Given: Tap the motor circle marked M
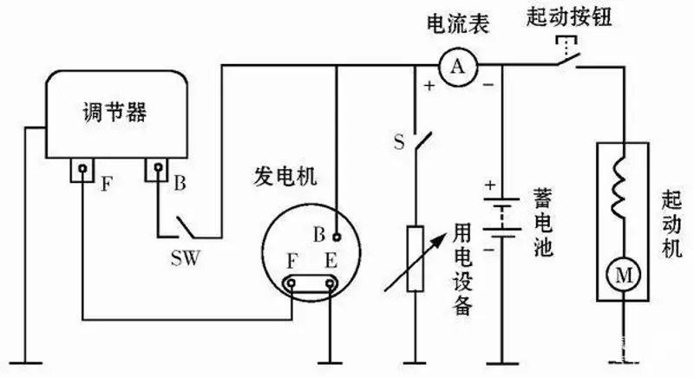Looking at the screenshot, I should click(623, 276).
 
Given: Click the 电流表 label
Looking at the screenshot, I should click(457, 23).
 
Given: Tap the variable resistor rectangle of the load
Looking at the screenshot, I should click(415, 257).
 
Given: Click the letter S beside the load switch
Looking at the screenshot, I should click(398, 143).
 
